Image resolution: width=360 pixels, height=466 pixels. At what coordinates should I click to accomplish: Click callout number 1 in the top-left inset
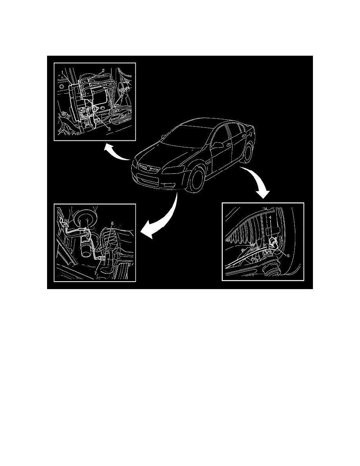[x=63, y=72]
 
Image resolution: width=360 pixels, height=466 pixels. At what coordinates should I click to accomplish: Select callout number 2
[x=103, y=71]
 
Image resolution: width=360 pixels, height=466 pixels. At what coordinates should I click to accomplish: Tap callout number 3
[x=109, y=129]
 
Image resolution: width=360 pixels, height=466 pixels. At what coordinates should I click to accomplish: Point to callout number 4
[x=270, y=218]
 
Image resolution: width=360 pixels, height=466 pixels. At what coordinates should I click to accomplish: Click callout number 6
[x=112, y=223]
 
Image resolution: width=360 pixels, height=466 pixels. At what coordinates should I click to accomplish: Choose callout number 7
[x=95, y=265]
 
